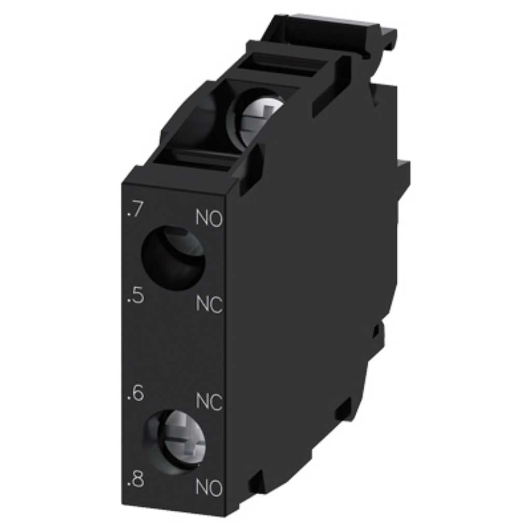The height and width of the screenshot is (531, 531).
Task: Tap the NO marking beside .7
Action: point(209,218)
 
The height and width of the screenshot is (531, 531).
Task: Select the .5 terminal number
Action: point(135,296)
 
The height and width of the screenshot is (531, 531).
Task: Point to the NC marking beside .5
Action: point(209,304)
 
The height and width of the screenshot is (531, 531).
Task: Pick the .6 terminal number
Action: point(135,394)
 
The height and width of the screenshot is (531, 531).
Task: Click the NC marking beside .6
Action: point(209,402)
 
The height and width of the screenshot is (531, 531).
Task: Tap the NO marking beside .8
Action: point(209,488)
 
